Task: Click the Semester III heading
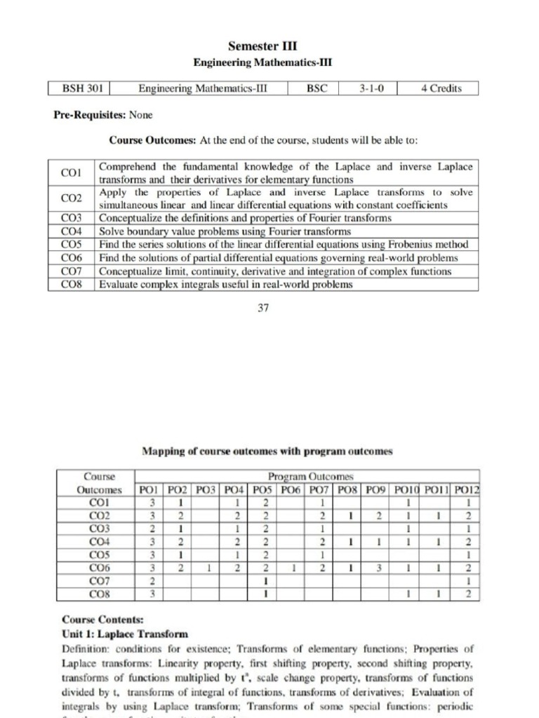(262, 46)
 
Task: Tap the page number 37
(263, 307)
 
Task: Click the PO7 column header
(322, 489)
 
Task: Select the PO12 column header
(467, 489)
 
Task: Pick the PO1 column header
(147, 489)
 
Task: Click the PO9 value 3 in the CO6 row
(379, 568)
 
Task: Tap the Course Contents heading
(93, 620)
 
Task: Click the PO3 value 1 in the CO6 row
(208, 568)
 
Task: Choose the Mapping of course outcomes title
(267, 451)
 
